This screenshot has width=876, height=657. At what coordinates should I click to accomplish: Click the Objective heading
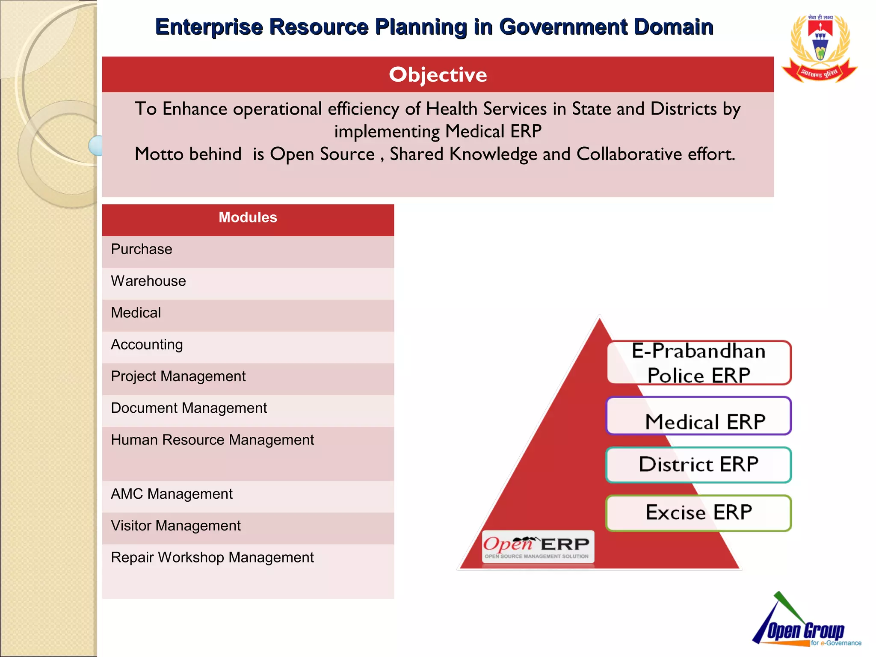tap(438, 75)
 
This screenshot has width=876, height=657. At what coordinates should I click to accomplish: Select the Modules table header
tap(248, 218)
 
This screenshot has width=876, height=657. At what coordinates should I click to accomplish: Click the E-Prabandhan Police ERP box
tap(699, 363)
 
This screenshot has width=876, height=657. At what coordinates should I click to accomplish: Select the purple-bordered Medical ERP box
tap(699, 417)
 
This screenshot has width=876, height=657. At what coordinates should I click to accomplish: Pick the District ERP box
tap(699, 465)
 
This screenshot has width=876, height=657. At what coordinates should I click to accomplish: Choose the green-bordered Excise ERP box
tap(699, 513)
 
